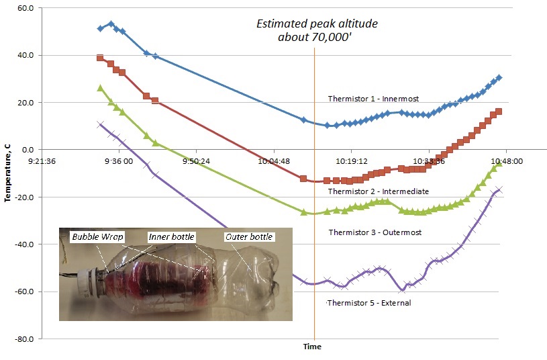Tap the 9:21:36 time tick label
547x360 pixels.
[x=42, y=161]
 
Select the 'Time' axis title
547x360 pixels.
[x=312, y=347]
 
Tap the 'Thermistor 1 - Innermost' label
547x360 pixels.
[x=373, y=99]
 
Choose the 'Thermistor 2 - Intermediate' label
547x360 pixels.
[x=378, y=192]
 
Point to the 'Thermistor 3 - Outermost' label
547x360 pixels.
[x=373, y=232]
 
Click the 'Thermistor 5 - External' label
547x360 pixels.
[x=368, y=303]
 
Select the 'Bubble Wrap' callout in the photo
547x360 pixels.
[x=92, y=236]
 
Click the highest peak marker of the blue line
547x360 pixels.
[x=111, y=24]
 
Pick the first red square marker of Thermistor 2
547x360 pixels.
[x=100, y=58]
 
